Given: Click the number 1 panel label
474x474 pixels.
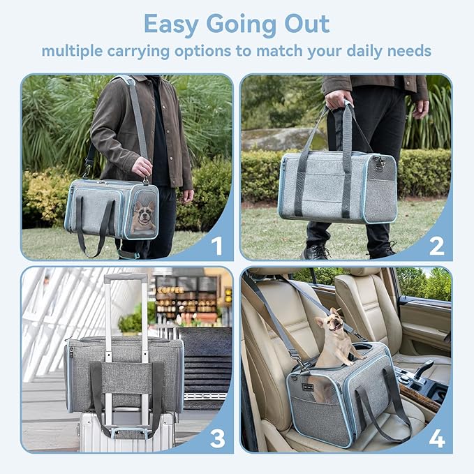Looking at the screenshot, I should pos(216,246).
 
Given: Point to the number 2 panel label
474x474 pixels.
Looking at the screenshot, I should pos(436,246).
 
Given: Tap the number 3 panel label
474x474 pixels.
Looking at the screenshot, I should pos(217,438).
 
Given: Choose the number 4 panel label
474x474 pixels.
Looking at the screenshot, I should pos(436,438).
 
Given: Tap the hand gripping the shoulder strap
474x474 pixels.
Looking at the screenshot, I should pos(142,166).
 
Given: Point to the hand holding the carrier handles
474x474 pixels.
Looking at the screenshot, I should pos(340,98).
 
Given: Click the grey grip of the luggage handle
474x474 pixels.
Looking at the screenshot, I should pos(126,277).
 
